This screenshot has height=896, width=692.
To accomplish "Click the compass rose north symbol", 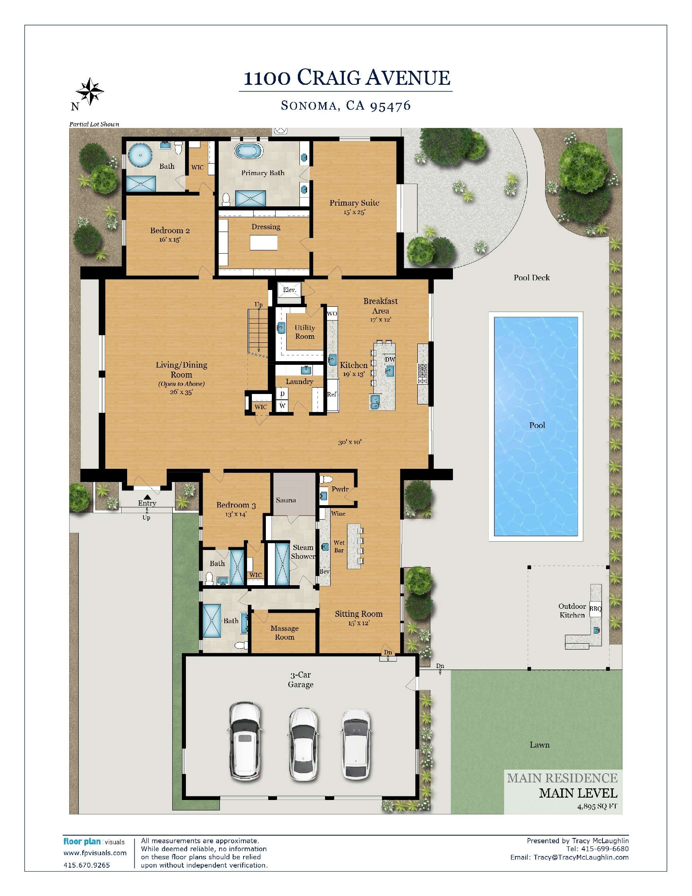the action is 90,91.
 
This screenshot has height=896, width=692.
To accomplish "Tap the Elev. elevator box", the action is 289,290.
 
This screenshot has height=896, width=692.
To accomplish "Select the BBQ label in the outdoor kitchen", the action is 595,609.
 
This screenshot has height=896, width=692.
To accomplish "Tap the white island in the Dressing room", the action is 263,242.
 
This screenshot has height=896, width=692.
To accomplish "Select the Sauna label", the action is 286,500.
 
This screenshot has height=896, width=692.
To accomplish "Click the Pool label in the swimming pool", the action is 537,425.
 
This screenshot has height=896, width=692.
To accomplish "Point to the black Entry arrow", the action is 147,497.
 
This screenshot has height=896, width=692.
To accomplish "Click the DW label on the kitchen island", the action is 390,359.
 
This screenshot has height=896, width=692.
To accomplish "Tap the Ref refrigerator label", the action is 332,394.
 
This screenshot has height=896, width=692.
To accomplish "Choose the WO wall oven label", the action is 332,314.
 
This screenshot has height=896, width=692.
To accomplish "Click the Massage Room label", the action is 285,633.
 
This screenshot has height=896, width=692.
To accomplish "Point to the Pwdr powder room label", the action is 340,489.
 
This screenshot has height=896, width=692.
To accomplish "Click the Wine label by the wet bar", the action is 338,513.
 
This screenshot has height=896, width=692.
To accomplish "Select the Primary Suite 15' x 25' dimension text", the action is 354,212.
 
